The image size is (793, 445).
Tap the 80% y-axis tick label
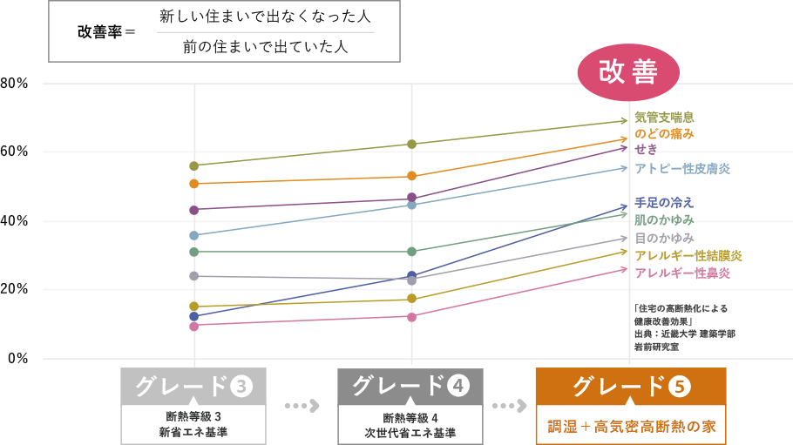coord(16,84)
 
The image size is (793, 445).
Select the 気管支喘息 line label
coord(664,117)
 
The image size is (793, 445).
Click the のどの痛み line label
coord(664,133)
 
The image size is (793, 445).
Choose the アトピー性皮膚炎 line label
coord(682,167)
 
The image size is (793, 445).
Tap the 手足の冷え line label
coord(664,202)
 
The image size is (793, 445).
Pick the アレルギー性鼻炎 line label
coord(682,273)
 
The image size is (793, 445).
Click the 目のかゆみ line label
coord(664,237)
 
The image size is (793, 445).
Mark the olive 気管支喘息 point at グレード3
coord(194,165)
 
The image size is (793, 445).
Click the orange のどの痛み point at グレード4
coord(412,177)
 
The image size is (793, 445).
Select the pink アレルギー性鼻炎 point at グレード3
coord(194,326)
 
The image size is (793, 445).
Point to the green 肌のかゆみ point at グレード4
coord(412,252)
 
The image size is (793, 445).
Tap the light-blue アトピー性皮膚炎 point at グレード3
coord(194,235)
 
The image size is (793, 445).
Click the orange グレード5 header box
coord(629,386)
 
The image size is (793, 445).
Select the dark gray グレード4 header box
coord(410,386)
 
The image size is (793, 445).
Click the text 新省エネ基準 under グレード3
coord(193,431)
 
